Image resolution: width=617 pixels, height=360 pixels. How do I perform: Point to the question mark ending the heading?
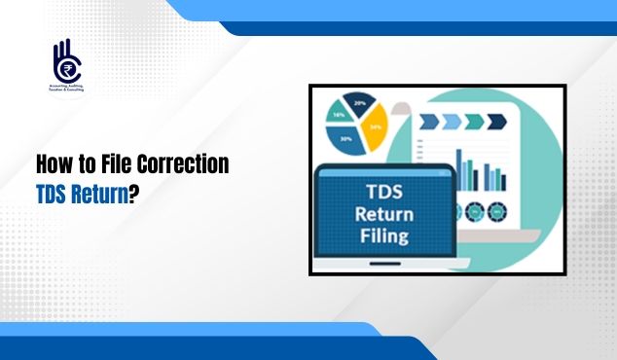coord(133,193)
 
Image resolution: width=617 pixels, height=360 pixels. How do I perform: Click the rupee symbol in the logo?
coord(68,70)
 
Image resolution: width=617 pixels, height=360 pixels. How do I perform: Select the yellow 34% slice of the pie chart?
coord(374,126)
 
